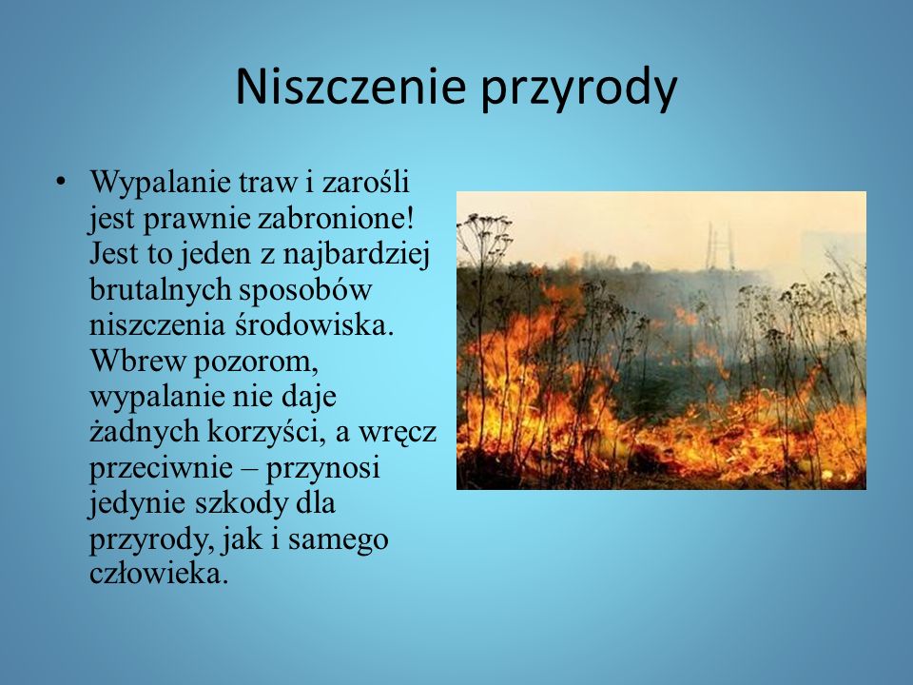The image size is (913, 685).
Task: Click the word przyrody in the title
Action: tap(579, 90)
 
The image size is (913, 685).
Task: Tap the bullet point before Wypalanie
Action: tap(60, 182)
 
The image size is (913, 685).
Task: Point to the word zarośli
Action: tap(365, 182)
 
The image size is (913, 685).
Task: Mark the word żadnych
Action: tap(144, 432)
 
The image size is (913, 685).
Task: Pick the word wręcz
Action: tap(398, 434)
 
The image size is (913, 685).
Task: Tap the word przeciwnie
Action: tap(161, 469)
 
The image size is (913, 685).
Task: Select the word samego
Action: tap(338, 541)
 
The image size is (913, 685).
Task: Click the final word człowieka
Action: tap(158, 573)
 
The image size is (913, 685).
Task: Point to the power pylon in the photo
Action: tap(720, 246)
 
